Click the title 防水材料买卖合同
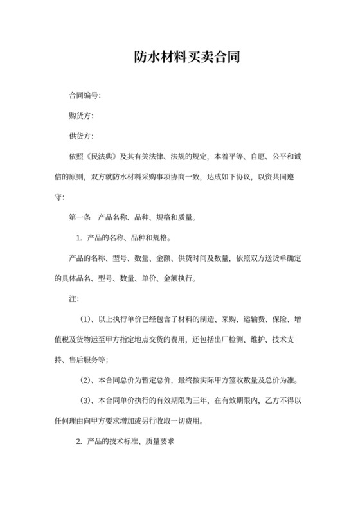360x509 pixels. tap(179, 58)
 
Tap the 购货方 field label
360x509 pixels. tap(80, 116)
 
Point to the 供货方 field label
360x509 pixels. tap(80, 136)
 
